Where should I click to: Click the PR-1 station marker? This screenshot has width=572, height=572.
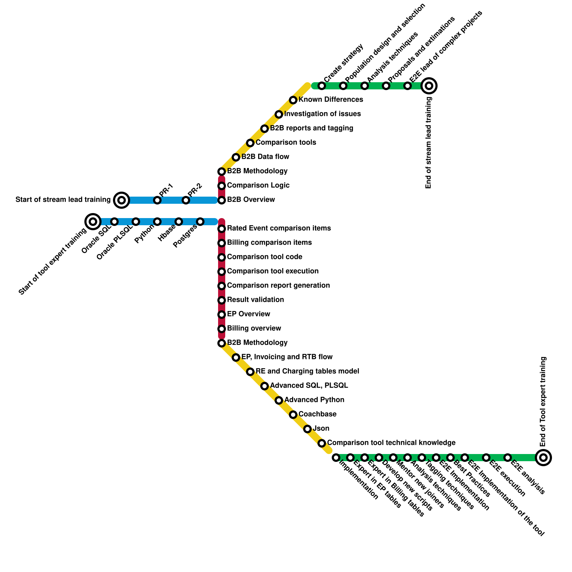coord(157,200)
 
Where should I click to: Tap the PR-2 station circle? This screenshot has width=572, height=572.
coord(186,200)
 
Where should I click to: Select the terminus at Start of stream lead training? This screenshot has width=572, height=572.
coord(122,200)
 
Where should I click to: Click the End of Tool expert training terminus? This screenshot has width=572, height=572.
coord(543,457)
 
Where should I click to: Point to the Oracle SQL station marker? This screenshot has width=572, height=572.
coord(114,222)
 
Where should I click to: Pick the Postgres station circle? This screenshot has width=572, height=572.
coord(200,222)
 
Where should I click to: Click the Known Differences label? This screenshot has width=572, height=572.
coord(331,100)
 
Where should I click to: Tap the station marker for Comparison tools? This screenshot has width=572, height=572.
coord(250,143)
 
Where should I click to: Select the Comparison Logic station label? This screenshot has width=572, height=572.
coord(258,186)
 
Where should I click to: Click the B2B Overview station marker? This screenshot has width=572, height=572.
coord(222,200)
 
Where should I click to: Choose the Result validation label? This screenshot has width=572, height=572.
coord(255,300)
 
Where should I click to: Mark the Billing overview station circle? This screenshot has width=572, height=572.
coord(222,329)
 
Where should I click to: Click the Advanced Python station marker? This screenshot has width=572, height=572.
coord(279,400)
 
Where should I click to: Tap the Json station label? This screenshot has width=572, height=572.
coord(321,429)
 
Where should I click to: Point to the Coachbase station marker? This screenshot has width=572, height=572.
coord(293,415)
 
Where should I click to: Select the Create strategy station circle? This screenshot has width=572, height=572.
coord(322,86)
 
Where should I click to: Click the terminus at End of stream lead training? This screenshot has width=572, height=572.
coord(429,86)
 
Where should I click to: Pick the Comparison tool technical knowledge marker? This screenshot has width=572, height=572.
coord(322,443)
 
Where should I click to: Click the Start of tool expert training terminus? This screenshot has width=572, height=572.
coord(93,222)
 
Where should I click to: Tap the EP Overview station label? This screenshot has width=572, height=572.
coord(248,314)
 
